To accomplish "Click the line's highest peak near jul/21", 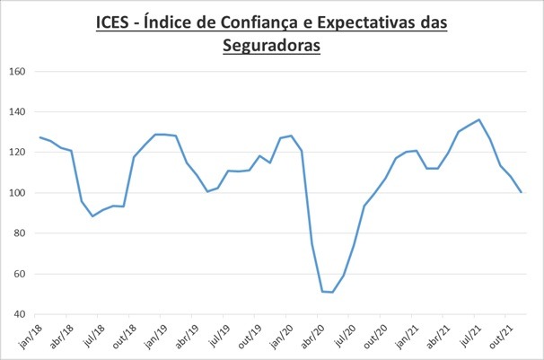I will coord(479,119).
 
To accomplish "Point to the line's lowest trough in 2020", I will coord(332,292).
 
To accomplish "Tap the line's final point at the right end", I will coord(522,192).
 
